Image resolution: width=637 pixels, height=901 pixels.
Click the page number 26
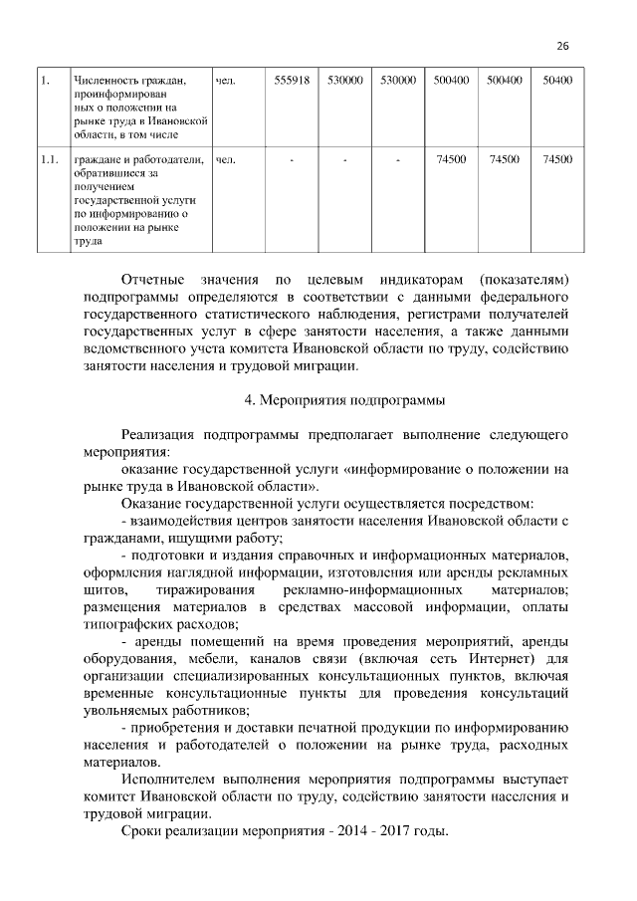562,47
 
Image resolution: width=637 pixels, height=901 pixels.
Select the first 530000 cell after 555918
344,80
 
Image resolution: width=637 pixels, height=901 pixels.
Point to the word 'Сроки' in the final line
140,831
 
